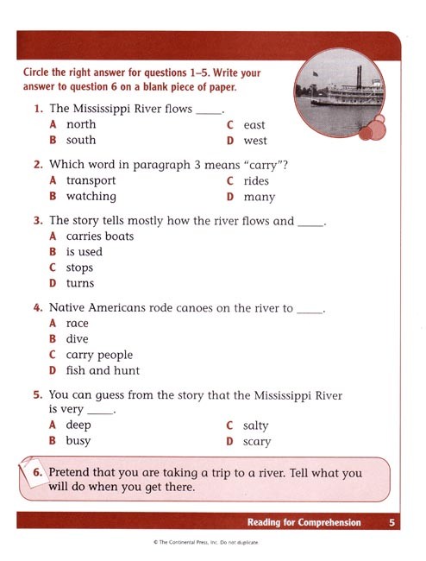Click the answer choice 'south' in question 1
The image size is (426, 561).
point(80,140)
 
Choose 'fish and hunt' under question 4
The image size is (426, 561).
point(102,370)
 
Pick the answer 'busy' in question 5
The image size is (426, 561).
point(78,440)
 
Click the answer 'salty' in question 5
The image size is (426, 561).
point(255,425)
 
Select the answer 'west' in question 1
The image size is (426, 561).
point(255,141)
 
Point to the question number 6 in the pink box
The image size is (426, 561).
point(38,473)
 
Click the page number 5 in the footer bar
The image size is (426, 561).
point(392,522)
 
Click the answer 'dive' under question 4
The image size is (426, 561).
point(78,339)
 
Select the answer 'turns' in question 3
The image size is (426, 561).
point(80,283)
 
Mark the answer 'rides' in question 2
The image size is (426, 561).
point(256,180)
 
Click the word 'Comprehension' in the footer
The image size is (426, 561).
point(330,522)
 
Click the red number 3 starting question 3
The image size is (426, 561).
point(38,221)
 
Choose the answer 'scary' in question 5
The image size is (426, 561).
point(256,441)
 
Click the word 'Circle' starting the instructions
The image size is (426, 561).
point(39,73)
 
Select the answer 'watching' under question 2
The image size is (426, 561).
point(91,196)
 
